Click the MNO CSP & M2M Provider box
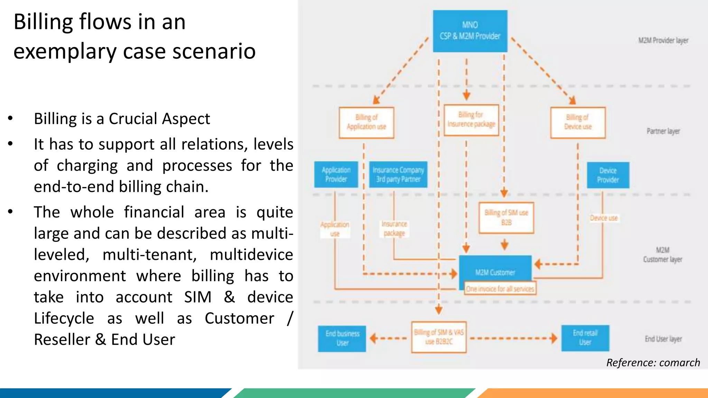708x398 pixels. [470, 31]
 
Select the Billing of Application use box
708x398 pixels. [366, 122]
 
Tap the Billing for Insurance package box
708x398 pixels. [471, 120]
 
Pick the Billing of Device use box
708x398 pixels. [578, 122]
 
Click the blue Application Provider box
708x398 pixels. [336, 174]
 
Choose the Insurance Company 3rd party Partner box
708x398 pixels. [398, 174]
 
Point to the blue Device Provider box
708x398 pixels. [608, 175]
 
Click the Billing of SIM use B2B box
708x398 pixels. [506, 218]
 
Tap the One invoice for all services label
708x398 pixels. [500, 289]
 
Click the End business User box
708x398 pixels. [342, 338]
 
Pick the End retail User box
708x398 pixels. [585, 338]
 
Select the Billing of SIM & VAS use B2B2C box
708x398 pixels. [439, 337]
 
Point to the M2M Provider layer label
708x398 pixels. [663, 40]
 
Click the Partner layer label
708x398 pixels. [663, 131]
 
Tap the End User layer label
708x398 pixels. [663, 339]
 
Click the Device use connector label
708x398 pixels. [604, 218]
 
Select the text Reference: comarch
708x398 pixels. [653, 362]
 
